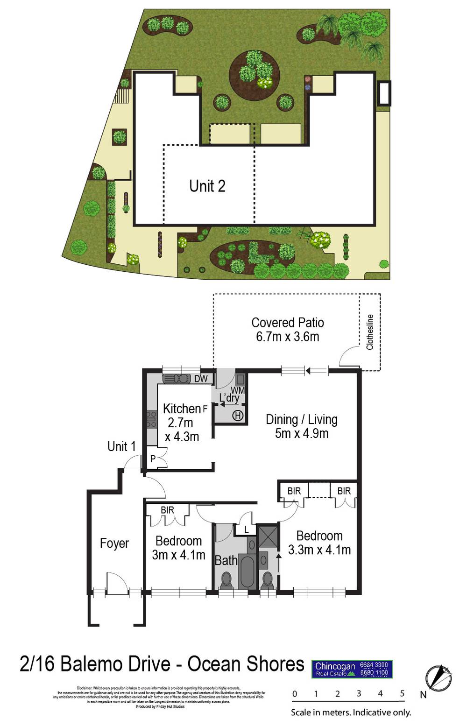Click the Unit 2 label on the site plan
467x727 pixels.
pyautogui.click(x=207, y=186)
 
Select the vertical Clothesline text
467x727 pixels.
pyautogui.click(x=370, y=332)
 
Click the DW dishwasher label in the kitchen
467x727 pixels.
pyautogui.click(x=201, y=379)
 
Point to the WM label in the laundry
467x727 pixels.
pyautogui.click(x=238, y=390)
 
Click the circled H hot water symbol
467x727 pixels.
pyautogui.click(x=238, y=415)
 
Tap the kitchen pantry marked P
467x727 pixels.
pyautogui.click(x=153, y=459)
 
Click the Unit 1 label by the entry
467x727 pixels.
pyautogui.click(x=121, y=446)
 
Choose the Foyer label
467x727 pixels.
pyautogui.click(x=114, y=543)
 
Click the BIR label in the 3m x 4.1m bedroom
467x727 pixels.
pyautogui.click(x=167, y=510)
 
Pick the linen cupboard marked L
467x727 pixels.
pyautogui.click(x=247, y=530)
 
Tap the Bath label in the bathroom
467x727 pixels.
pyautogui.click(x=226, y=560)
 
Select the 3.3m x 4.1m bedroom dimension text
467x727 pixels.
pyautogui.click(x=319, y=550)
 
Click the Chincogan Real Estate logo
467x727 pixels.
pyautogui.click(x=352, y=669)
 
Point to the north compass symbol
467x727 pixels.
pyautogui.click(x=439, y=678)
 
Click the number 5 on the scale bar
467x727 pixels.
pyautogui.click(x=402, y=693)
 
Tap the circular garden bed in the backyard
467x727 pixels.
pyautogui.click(x=254, y=75)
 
